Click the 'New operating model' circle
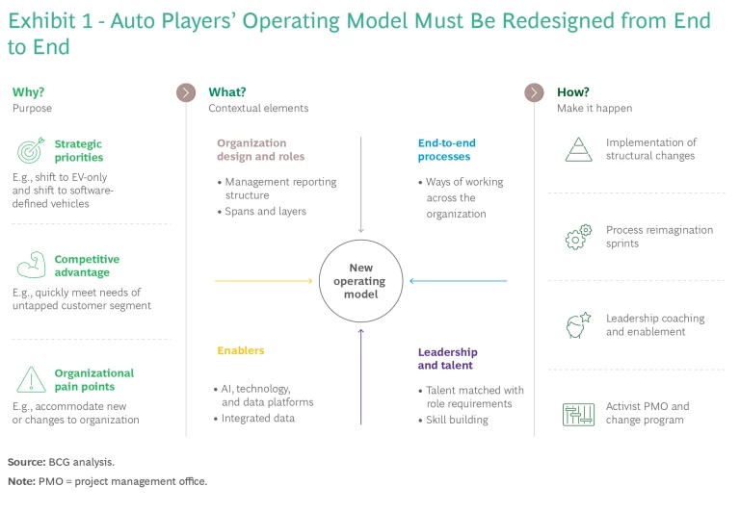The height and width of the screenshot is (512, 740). click(361, 281)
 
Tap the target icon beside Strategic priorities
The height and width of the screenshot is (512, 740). click(31, 151)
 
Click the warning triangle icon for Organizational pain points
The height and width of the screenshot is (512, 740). click(31, 380)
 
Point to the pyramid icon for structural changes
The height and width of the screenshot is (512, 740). click(578, 149)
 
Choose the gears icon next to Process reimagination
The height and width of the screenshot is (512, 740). click(578, 237)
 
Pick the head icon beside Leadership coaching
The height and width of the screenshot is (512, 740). click(578, 325)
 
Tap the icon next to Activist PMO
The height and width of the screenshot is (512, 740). click(578, 414)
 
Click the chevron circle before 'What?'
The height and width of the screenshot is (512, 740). click(186, 92)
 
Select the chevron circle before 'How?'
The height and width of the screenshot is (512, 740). click(534, 92)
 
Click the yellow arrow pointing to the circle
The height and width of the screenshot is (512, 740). click(262, 281)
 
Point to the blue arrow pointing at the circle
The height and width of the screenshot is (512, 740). click(459, 281)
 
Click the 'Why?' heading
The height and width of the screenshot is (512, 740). click(28, 92)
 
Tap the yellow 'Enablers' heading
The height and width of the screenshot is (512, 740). click(240, 350)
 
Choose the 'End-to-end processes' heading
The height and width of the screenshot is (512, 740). click(446, 149)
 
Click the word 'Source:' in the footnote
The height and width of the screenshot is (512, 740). click(26, 462)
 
